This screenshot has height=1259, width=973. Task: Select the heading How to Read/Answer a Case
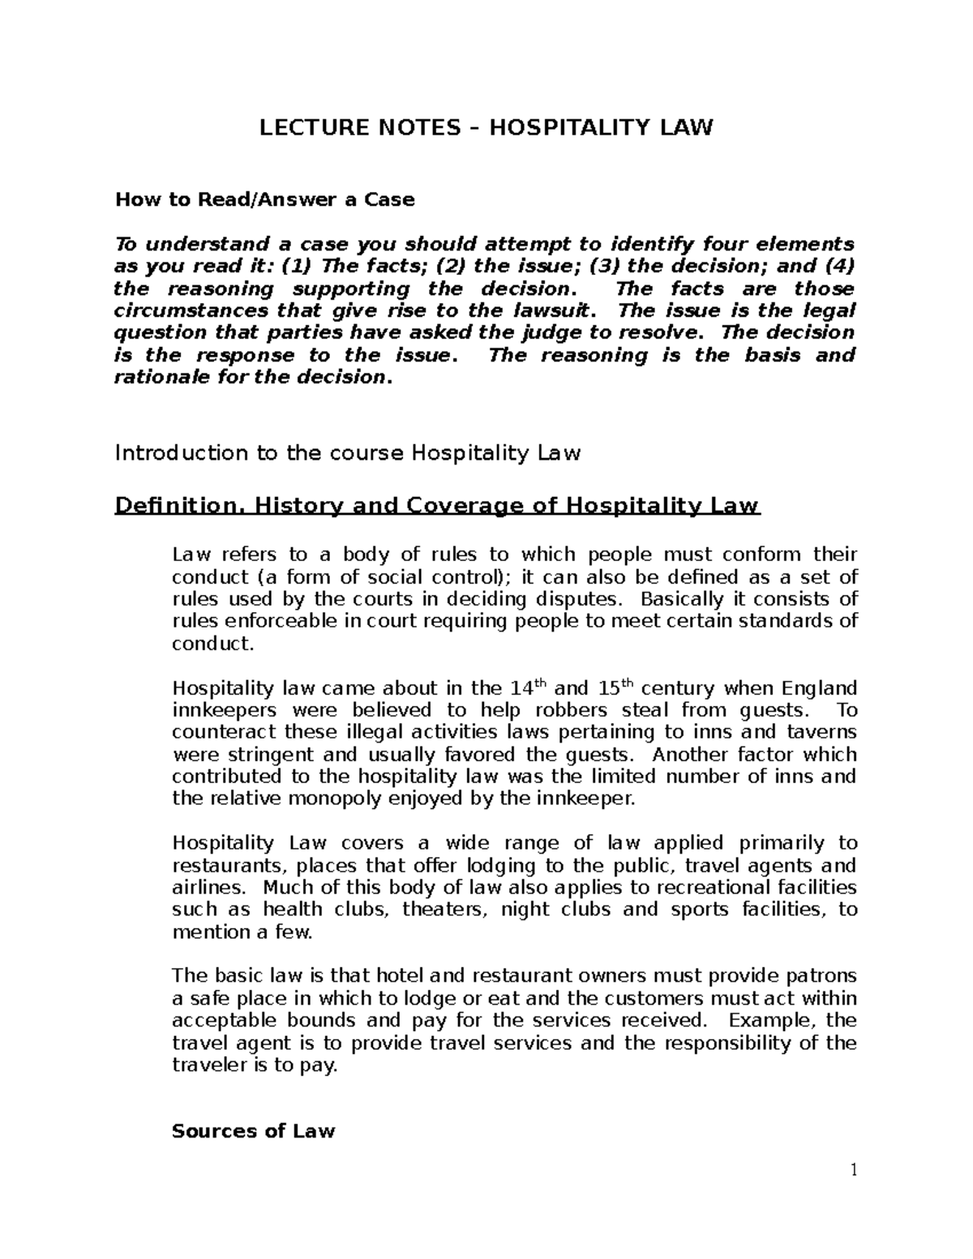point(264,199)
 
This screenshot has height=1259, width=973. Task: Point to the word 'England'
point(819,688)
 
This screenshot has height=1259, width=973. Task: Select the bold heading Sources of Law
point(253,1131)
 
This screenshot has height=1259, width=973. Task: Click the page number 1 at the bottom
point(853,1170)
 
